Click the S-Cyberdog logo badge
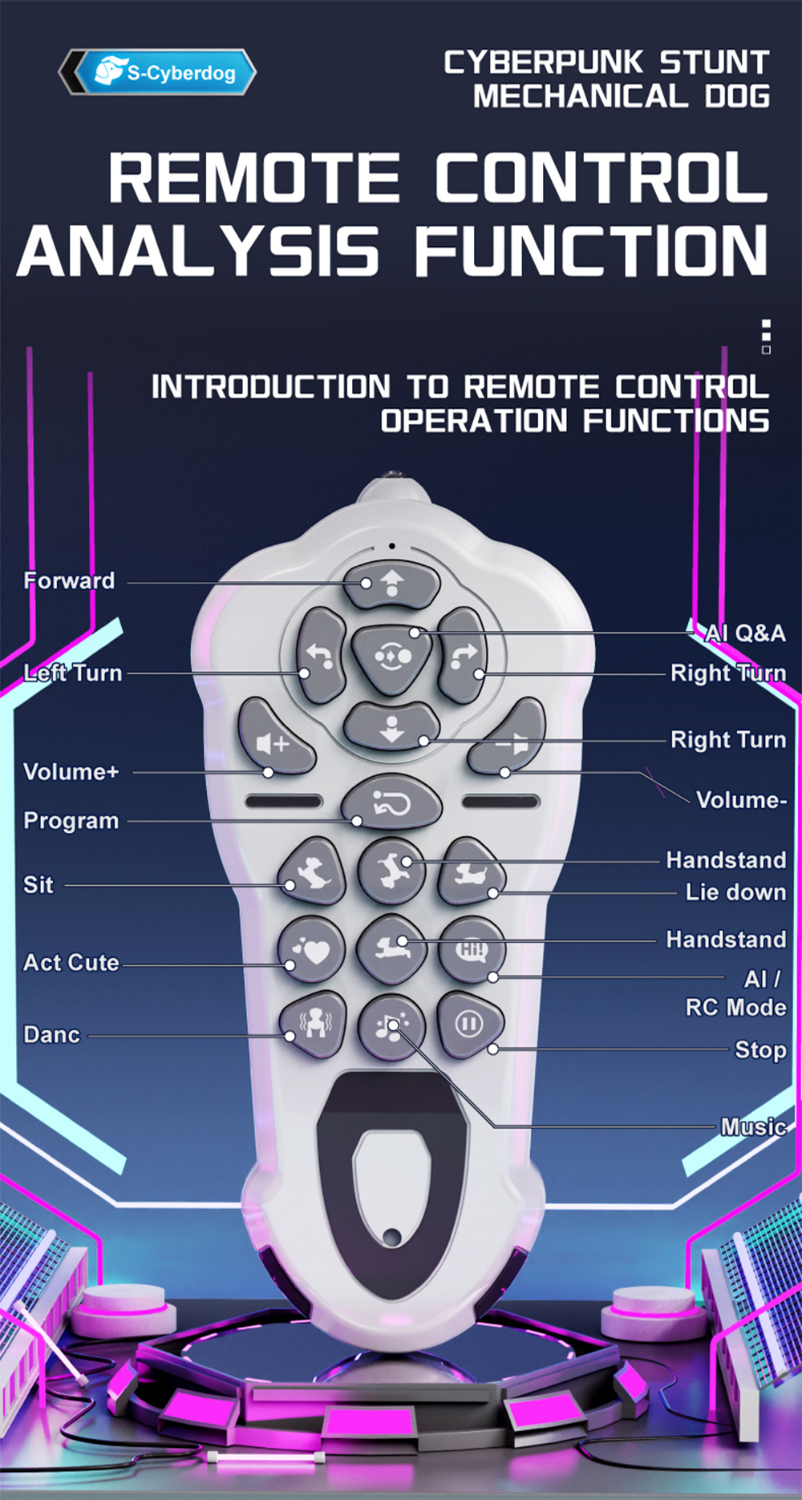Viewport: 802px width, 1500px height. (x=157, y=72)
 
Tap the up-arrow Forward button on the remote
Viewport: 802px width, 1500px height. (x=391, y=583)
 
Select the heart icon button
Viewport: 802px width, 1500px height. (x=312, y=949)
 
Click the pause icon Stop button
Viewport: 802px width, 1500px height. (x=470, y=1024)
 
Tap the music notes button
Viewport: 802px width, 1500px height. (x=391, y=1026)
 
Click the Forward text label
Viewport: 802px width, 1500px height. (x=69, y=580)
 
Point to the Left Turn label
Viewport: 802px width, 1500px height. (x=73, y=673)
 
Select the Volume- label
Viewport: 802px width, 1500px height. (x=741, y=799)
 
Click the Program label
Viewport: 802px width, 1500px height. (x=71, y=821)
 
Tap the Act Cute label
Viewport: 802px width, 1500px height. (x=71, y=962)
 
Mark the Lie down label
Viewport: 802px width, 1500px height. (x=735, y=892)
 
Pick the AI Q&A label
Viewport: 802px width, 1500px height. (x=745, y=633)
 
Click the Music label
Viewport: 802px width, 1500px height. (x=753, y=1127)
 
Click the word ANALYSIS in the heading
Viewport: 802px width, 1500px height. (x=197, y=251)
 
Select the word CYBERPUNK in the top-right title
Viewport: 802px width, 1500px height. (x=544, y=62)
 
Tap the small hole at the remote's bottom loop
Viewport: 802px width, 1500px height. (x=392, y=1236)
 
